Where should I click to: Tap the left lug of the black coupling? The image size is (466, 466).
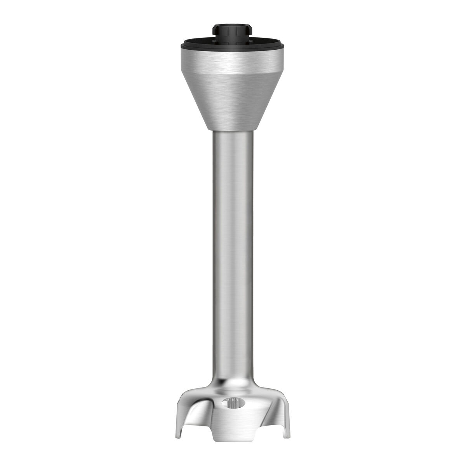pos(214,30)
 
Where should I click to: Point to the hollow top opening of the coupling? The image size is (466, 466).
pos(232,26)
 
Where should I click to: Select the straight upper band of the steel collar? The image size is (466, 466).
pos(232,60)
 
